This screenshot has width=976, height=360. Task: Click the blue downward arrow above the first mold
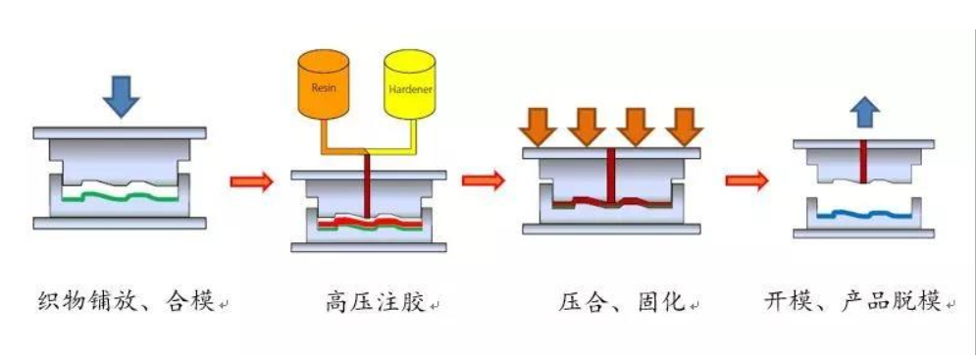coord(121,94)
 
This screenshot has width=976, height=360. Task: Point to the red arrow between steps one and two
coord(251,180)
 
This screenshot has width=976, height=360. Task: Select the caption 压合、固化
coord(620,302)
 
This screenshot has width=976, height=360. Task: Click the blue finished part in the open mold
coord(864,213)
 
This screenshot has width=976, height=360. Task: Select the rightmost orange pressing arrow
coord(684,126)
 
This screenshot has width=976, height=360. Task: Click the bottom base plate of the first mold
coord(120,224)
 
